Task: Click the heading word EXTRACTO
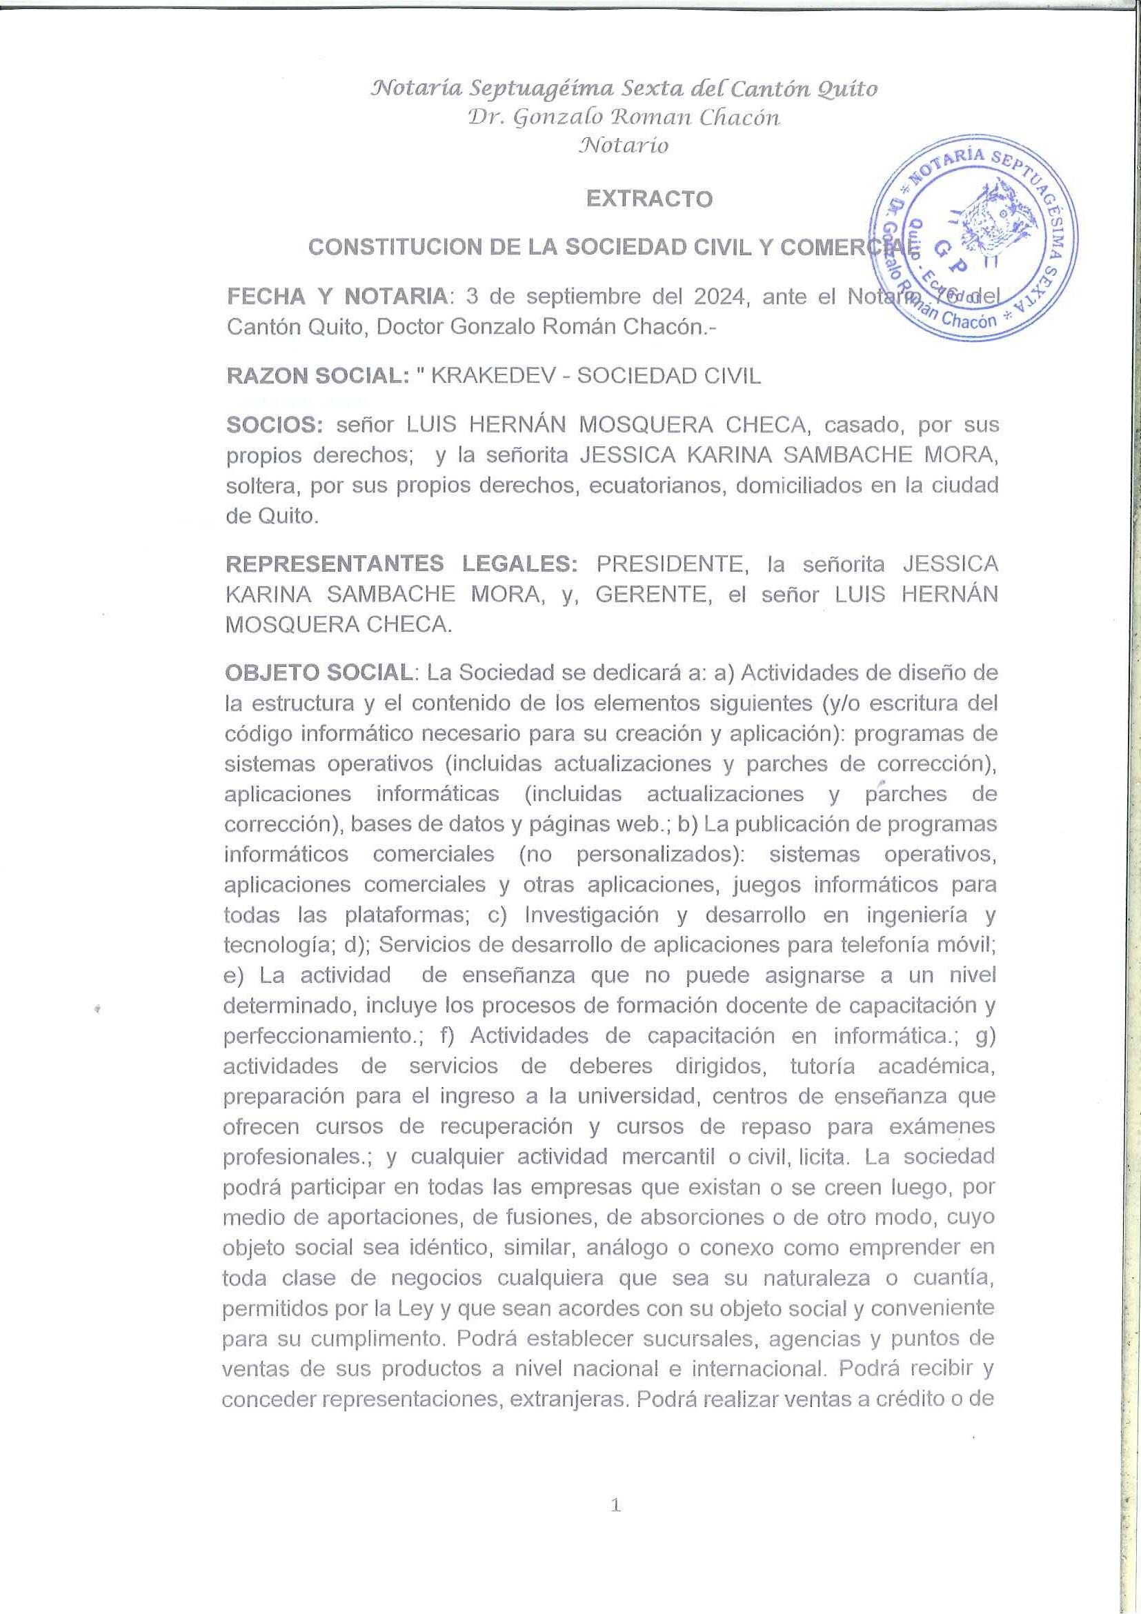tap(649, 199)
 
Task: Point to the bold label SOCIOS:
tap(274, 425)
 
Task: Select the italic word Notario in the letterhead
tap(623, 146)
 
